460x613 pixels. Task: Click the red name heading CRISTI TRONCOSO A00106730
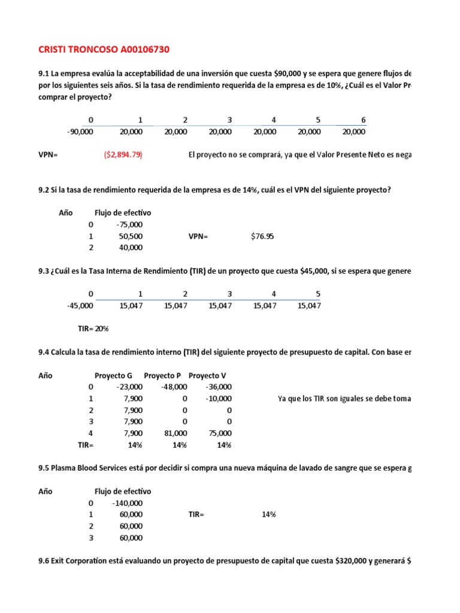[x=99, y=48]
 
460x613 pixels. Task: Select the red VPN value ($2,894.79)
[x=123, y=155]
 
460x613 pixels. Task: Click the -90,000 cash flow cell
[x=80, y=132]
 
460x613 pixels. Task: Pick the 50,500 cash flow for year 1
[x=131, y=236]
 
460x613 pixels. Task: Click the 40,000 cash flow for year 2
[x=131, y=247]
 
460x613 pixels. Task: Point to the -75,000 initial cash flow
[x=129, y=224]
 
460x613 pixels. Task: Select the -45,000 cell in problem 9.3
[x=80, y=306]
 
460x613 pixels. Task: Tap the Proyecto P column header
[x=162, y=376]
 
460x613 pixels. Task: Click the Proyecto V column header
[x=207, y=376]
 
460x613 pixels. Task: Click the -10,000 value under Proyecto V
[x=219, y=399]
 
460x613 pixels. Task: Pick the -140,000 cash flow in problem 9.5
[x=128, y=503]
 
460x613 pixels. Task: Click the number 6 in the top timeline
[x=363, y=120]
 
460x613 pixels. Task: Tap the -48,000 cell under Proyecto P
[x=174, y=387]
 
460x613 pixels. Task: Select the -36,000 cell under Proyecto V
[x=219, y=387]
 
